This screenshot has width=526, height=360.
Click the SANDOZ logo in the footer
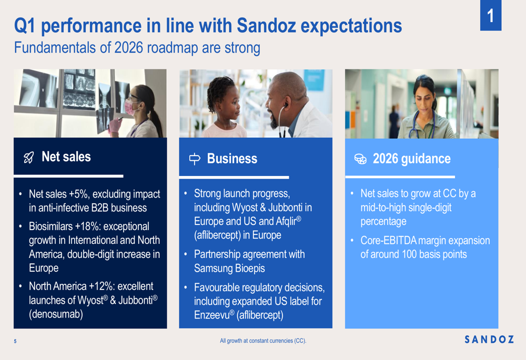pyautogui.click(x=489, y=340)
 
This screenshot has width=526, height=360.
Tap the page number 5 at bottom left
pyautogui.click(x=15, y=342)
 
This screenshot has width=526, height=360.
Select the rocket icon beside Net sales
pyautogui.click(x=29, y=158)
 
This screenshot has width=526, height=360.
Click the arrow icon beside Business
pyautogui.click(x=195, y=159)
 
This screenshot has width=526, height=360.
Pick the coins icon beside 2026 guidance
pyautogui.click(x=360, y=159)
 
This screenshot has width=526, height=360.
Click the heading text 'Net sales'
pyautogui.click(x=66, y=157)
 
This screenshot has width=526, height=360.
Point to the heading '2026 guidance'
pyautogui.click(x=411, y=159)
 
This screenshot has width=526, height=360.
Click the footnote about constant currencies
pyautogui.click(x=263, y=341)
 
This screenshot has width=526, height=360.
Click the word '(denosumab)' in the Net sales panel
pyautogui.click(x=56, y=314)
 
